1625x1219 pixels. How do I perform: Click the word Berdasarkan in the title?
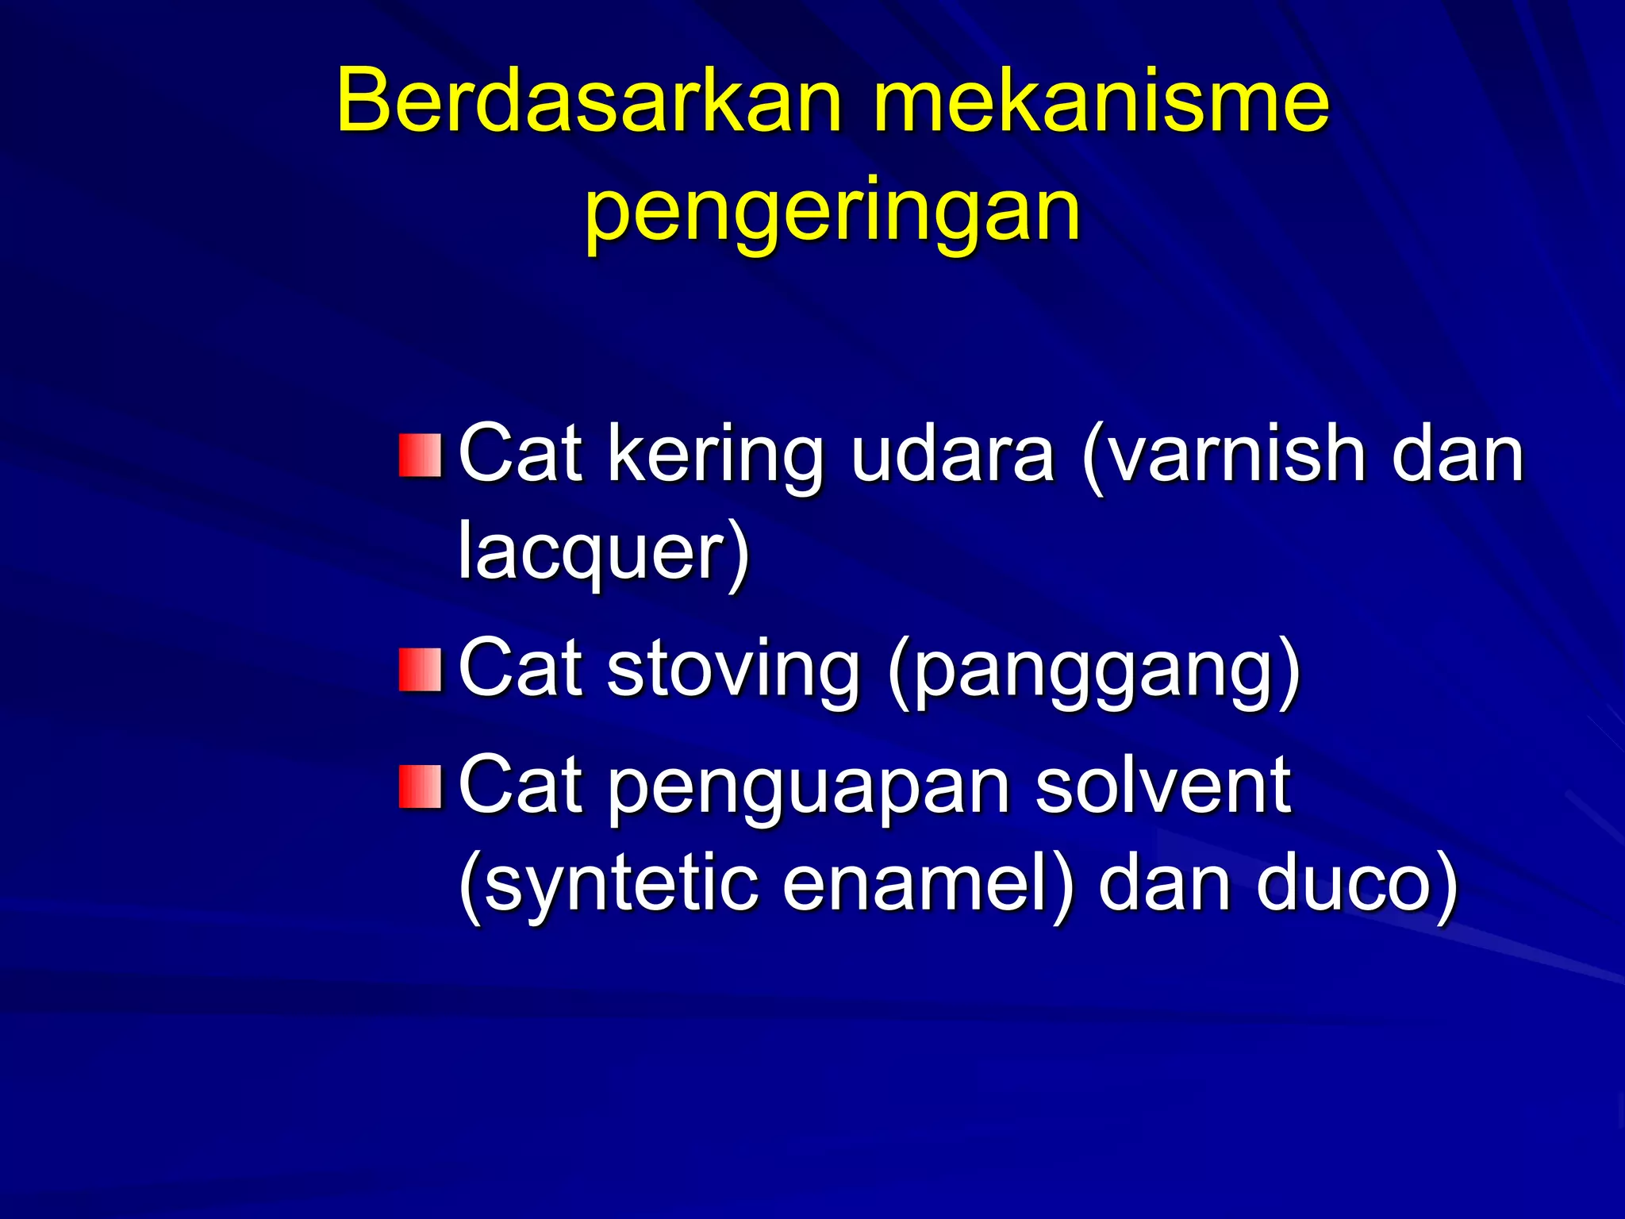pos(587,102)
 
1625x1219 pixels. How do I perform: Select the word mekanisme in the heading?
pos(1101,102)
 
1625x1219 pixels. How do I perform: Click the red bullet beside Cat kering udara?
pos(420,456)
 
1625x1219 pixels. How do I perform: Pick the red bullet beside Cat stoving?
pos(420,670)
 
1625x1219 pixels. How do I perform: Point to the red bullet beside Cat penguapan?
pos(420,786)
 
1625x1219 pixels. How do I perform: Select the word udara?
pos(952,454)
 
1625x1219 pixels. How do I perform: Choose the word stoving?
pos(733,670)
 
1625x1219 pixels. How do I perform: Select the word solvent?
pos(1163,785)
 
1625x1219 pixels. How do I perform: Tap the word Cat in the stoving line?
pos(521,670)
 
